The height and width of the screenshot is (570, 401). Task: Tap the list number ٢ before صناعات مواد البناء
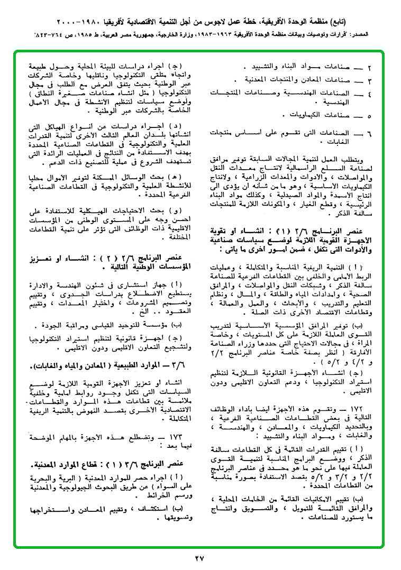click(x=370, y=68)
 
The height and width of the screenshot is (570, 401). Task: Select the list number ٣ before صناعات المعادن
click(x=370, y=81)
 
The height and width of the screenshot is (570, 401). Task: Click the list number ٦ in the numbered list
click(x=370, y=133)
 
